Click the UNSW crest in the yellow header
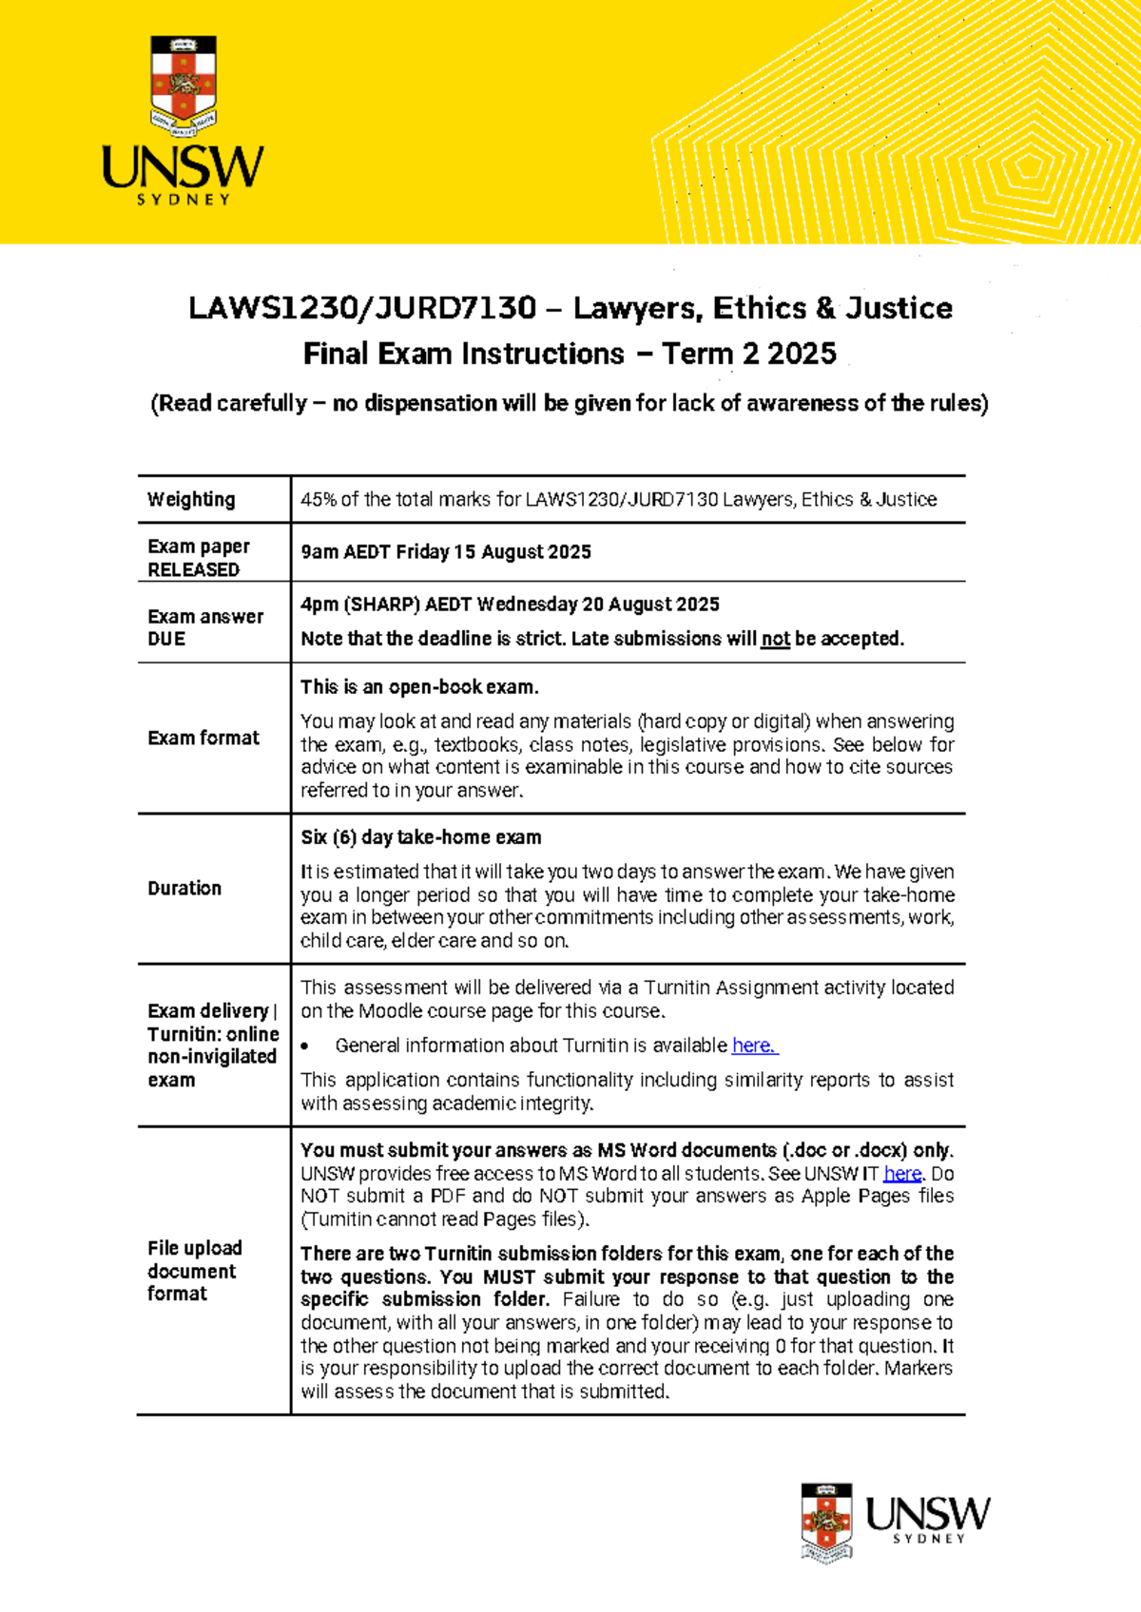(x=184, y=86)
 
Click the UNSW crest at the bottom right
(x=825, y=1522)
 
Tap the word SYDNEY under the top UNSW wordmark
(x=184, y=200)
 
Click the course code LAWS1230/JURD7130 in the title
(x=362, y=308)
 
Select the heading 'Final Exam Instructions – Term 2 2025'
(x=570, y=354)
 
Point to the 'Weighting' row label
(x=191, y=499)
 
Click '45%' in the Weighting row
(x=319, y=499)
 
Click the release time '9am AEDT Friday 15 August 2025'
(x=446, y=552)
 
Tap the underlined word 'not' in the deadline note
(x=775, y=639)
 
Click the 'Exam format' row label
(x=203, y=738)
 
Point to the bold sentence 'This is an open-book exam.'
(x=419, y=687)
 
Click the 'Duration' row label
(x=184, y=888)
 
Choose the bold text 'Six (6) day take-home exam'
(x=421, y=837)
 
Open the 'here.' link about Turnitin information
(x=754, y=1046)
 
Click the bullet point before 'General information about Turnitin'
(x=305, y=1046)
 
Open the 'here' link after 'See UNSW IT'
(x=901, y=1173)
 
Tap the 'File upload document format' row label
(x=194, y=1270)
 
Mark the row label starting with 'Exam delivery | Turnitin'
(x=212, y=1045)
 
